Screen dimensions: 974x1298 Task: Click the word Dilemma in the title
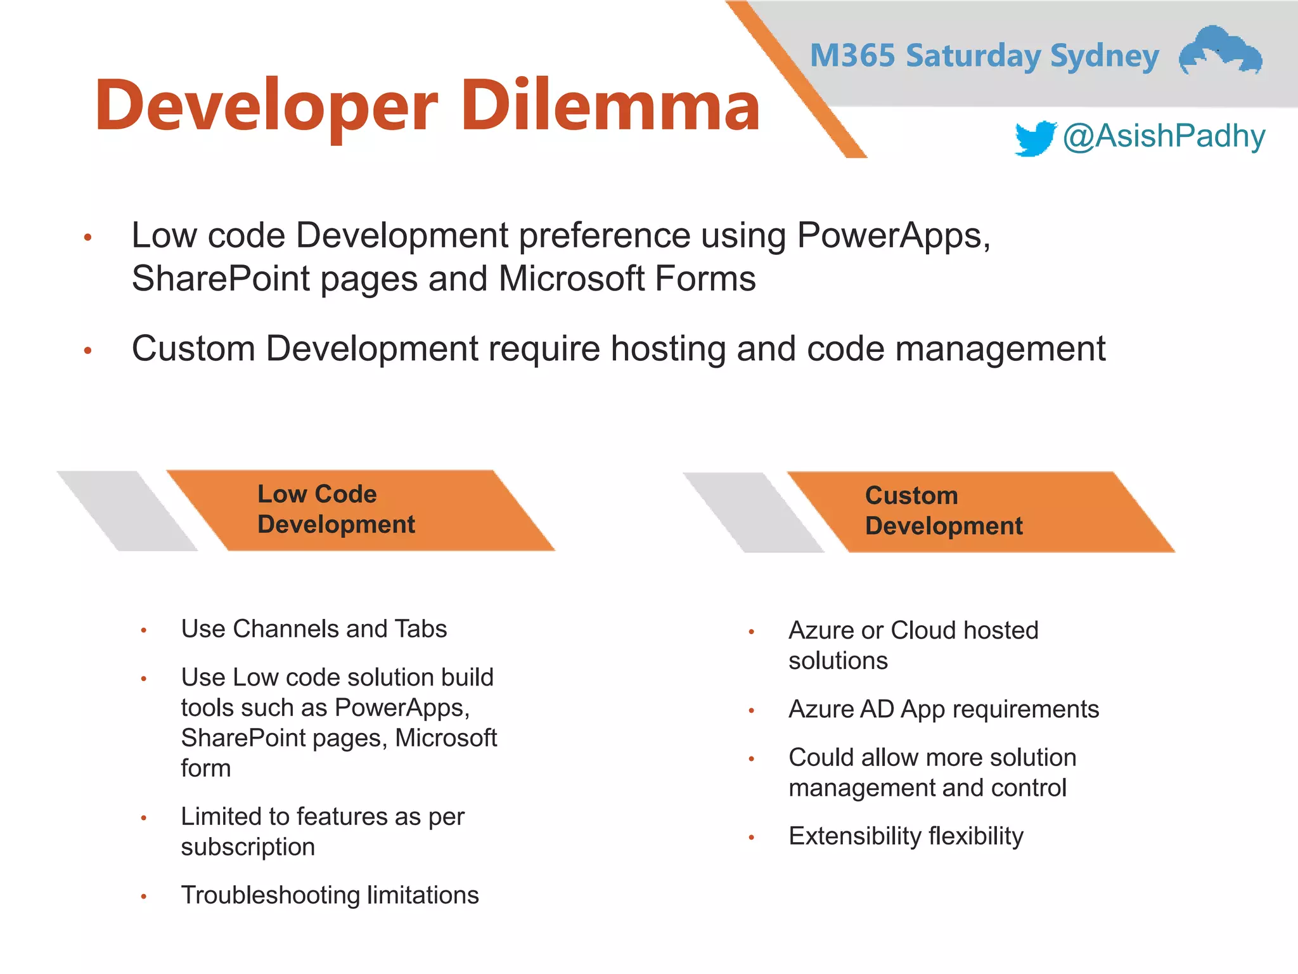coord(610,106)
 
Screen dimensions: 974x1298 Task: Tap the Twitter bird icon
coord(1034,138)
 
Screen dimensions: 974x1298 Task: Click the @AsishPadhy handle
coord(1164,136)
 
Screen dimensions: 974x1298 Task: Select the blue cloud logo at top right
coord(1220,51)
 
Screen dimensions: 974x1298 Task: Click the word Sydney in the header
coord(1104,56)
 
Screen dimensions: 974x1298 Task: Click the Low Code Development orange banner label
coord(335,509)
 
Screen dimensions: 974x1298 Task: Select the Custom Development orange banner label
coord(943,510)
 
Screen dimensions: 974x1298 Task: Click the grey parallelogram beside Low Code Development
coord(127,510)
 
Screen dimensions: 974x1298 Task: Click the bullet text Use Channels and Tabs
coord(314,629)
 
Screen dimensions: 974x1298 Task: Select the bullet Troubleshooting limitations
coord(330,895)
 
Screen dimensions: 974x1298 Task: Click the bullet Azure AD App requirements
coord(943,709)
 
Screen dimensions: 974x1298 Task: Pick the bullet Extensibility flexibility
coord(906,836)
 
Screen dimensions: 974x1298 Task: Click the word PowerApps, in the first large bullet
coord(893,236)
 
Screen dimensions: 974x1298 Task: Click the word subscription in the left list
coord(248,847)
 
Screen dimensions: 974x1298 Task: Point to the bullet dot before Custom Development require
coord(88,350)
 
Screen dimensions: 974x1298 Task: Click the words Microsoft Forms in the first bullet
coord(627,279)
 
